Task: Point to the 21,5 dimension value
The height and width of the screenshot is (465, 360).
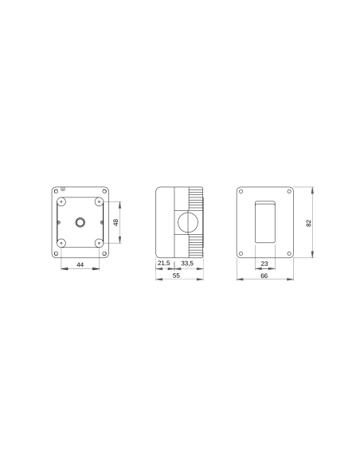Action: pyautogui.click(x=162, y=263)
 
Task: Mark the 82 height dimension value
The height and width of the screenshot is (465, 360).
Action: pyautogui.click(x=309, y=222)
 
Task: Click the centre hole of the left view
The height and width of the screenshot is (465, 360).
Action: pyautogui.click(x=80, y=221)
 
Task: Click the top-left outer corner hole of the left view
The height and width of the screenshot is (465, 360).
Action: pyautogui.click(x=55, y=191)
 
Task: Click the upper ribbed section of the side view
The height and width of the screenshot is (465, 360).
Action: pyautogui.click(x=195, y=198)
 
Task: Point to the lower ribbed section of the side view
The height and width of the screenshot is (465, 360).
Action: pyautogui.click(x=195, y=244)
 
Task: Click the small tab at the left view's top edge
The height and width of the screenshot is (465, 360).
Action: pyautogui.click(x=63, y=190)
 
